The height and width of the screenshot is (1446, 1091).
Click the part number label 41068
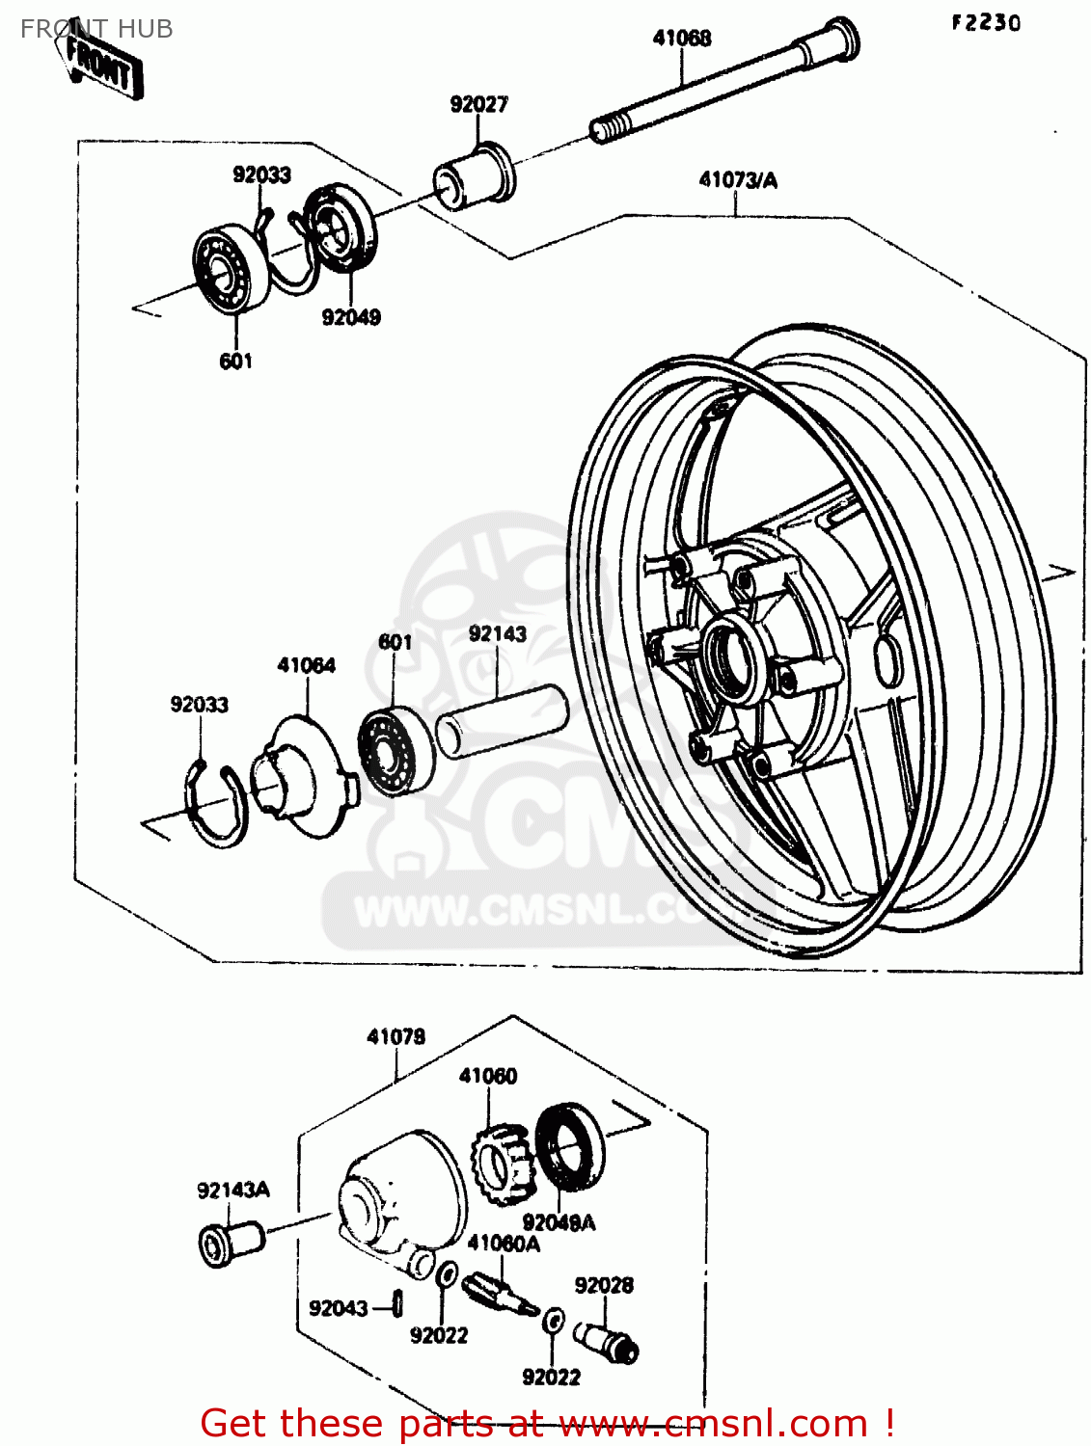[x=682, y=39]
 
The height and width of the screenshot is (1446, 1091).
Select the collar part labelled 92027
[x=474, y=174]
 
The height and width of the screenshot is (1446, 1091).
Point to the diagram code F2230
[x=985, y=23]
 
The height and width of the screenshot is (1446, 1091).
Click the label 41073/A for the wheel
[x=738, y=180]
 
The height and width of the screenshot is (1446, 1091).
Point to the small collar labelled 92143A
[x=231, y=1242]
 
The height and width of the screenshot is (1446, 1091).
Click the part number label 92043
[x=338, y=1308]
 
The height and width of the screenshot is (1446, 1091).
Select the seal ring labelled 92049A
[x=569, y=1152]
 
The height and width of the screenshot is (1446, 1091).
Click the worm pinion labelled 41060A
[x=498, y=1293]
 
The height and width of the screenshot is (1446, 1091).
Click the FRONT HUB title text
[x=96, y=29]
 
